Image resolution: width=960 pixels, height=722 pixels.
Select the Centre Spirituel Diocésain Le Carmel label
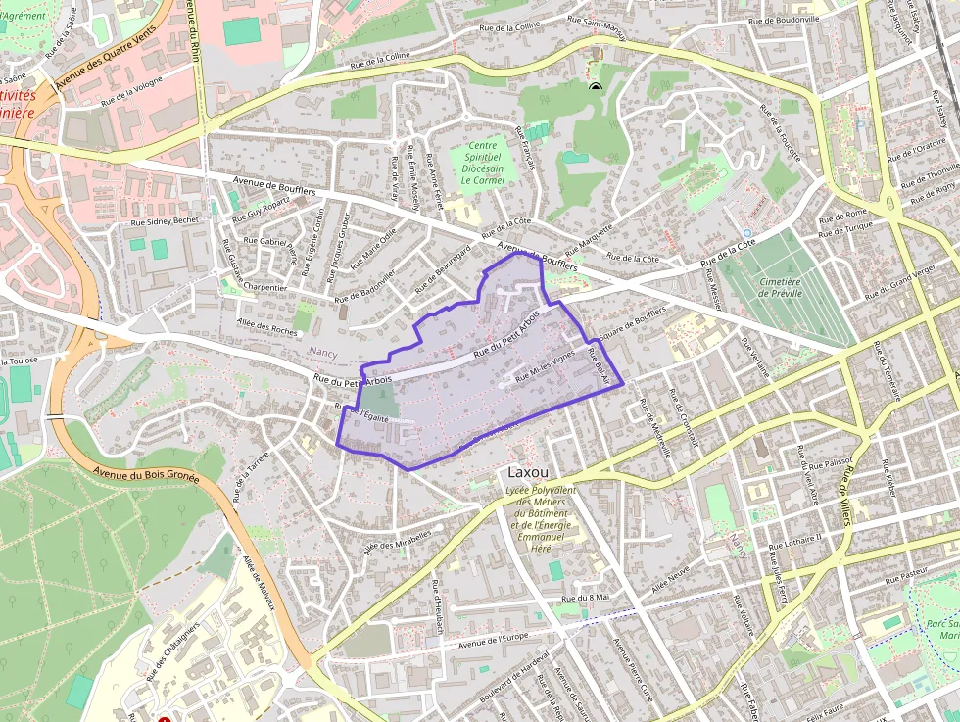[481, 163]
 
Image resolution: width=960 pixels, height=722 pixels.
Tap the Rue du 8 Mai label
[586, 597]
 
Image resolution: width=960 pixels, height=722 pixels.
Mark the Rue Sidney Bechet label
[165, 221]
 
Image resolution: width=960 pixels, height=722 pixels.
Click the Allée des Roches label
[266, 325]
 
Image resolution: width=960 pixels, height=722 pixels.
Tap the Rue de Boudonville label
[784, 20]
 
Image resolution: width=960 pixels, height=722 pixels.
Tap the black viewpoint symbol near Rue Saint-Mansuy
[595, 87]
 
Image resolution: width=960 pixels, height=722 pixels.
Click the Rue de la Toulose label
[20, 360]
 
